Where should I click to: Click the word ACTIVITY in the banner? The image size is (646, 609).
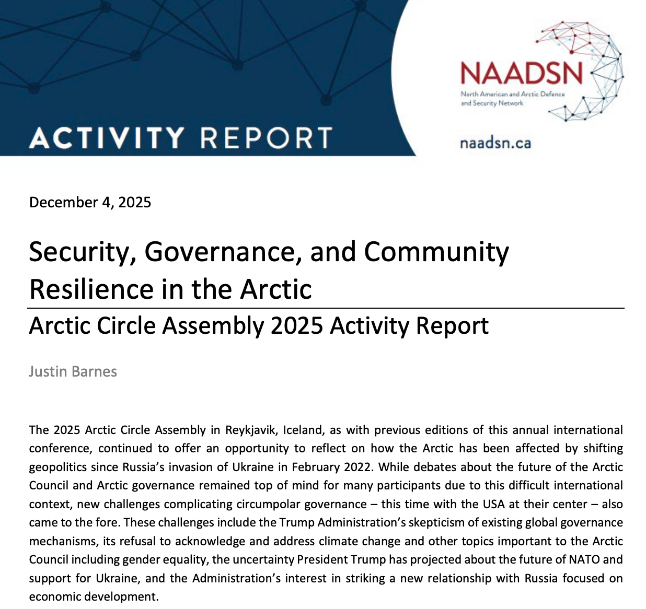click(107, 138)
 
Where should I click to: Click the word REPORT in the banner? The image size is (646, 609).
click(266, 138)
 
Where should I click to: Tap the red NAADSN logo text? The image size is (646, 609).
click(521, 73)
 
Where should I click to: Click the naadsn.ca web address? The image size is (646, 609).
click(495, 143)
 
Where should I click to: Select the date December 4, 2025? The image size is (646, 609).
click(90, 202)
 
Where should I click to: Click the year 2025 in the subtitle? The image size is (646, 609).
click(297, 325)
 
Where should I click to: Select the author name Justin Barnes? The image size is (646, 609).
click(73, 371)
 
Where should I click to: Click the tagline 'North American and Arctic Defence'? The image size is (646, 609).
click(512, 94)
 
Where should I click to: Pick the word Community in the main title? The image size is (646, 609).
click(436, 252)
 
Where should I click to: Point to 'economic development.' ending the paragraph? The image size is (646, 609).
click(94, 596)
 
